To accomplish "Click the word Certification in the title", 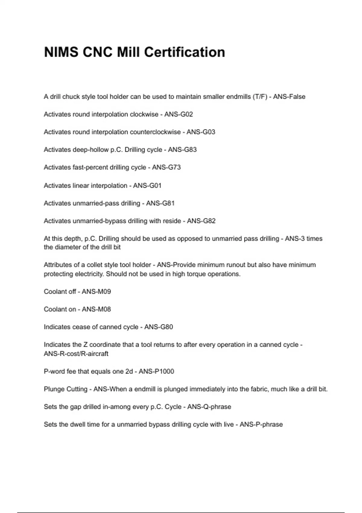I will [x=185, y=52].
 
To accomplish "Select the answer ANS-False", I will [x=289, y=97].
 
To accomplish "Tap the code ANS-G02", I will [x=179, y=114].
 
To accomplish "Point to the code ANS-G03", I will [x=201, y=132].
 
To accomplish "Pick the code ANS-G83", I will [x=182, y=150].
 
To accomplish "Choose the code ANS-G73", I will [x=166, y=167].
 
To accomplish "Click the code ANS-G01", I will [x=147, y=185].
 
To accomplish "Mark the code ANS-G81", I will [x=160, y=203].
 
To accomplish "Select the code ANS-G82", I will [x=201, y=221].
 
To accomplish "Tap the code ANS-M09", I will [x=96, y=292].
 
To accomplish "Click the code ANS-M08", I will [x=96, y=309].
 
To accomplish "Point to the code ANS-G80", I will [x=159, y=327].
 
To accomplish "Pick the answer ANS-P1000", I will [x=156, y=371].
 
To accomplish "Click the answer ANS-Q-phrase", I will [x=209, y=407].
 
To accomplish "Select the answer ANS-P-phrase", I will [x=261, y=425].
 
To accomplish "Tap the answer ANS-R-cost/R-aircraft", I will [x=76, y=354].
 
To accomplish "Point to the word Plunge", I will [x=54, y=389].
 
